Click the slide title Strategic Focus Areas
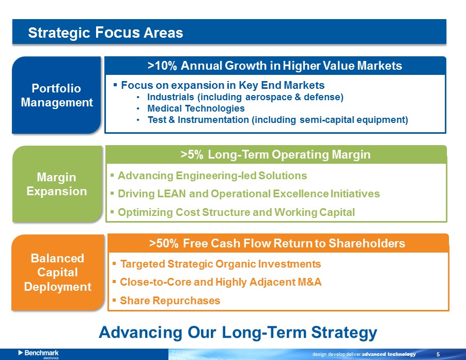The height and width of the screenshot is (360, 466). (x=105, y=33)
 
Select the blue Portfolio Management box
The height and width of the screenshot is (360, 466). (x=56, y=95)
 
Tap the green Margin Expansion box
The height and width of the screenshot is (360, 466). (x=57, y=184)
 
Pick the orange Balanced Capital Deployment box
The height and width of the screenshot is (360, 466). (x=58, y=272)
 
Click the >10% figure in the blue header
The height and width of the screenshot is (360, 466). (x=162, y=66)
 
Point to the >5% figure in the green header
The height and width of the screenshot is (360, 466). (x=192, y=154)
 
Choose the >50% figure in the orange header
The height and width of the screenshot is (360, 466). (x=164, y=243)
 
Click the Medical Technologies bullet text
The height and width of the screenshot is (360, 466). (x=196, y=108)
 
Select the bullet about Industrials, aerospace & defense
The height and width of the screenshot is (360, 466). (x=245, y=97)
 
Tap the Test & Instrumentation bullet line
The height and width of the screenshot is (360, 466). (x=278, y=120)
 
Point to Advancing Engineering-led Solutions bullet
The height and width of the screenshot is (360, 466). (x=212, y=176)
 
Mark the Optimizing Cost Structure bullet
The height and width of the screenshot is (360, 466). (x=236, y=212)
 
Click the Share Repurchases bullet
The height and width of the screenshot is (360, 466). (x=170, y=301)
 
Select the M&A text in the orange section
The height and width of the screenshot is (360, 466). (x=309, y=282)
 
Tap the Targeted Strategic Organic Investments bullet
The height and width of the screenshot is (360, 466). (x=221, y=264)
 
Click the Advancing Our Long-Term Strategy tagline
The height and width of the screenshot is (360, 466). (x=238, y=332)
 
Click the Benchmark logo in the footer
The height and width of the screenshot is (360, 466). (x=39, y=354)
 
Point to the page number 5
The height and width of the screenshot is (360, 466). (x=438, y=354)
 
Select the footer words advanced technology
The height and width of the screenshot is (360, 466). (x=389, y=354)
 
